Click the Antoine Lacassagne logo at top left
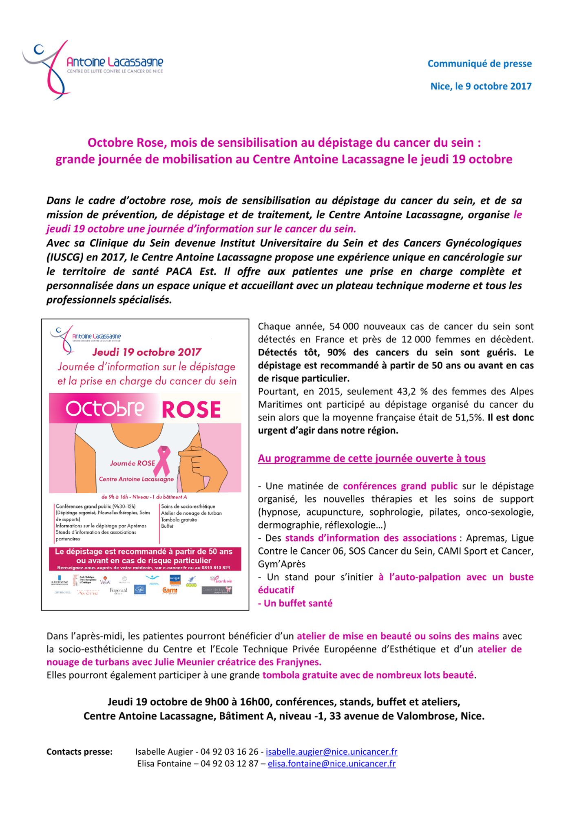(x=93, y=69)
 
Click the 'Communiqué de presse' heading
(x=479, y=64)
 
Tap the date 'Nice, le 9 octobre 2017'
(x=481, y=86)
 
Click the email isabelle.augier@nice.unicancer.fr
(x=331, y=752)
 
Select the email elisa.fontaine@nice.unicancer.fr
(x=332, y=764)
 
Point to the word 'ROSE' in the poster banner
(x=191, y=410)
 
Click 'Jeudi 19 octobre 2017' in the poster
(x=147, y=352)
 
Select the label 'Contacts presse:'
(x=80, y=752)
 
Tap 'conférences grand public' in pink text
(x=400, y=486)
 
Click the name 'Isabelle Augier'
(x=164, y=752)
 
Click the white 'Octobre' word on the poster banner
(x=105, y=409)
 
